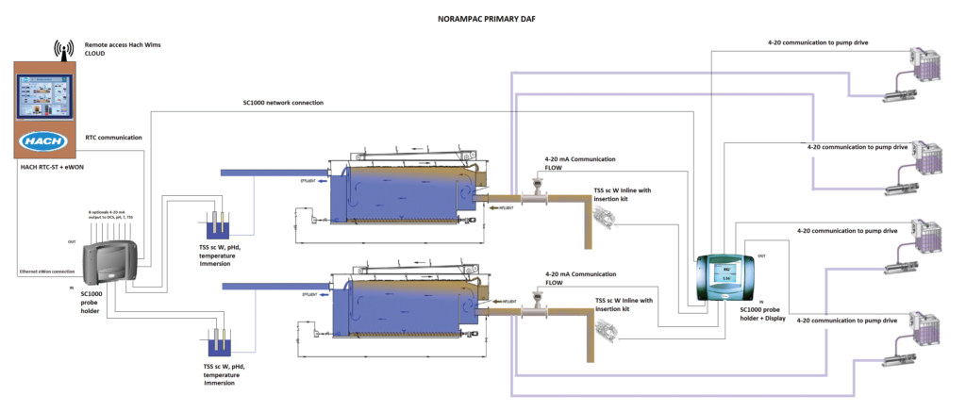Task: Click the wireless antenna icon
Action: [64, 49]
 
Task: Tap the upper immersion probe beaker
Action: [220, 227]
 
